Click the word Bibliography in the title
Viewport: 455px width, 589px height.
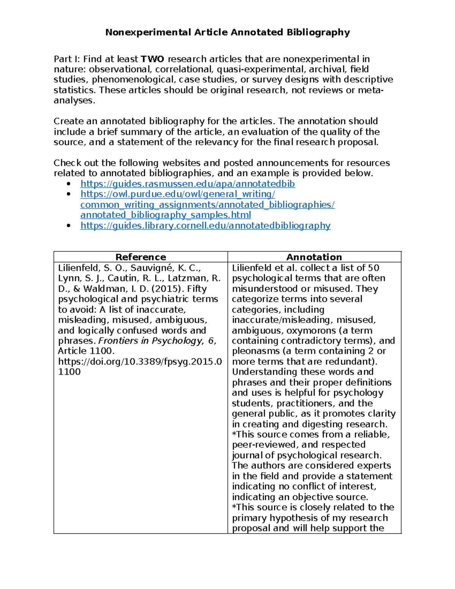coord(318,32)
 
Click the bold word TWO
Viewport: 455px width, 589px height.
coord(152,59)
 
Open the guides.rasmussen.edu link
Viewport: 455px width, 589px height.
coord(188,184)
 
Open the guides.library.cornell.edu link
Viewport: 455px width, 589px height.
coord(205,226)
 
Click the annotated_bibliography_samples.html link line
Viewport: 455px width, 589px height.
coord(166,215)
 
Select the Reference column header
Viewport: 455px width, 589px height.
coord(141,257)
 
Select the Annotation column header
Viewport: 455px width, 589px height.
coord(314,257)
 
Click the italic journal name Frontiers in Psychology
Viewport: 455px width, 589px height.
coord(151,341)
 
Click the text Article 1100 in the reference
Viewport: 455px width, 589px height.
coord(86,351)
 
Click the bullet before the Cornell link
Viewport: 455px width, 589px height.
coord(69,226)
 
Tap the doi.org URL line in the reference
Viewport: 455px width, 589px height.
coord(140,361)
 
